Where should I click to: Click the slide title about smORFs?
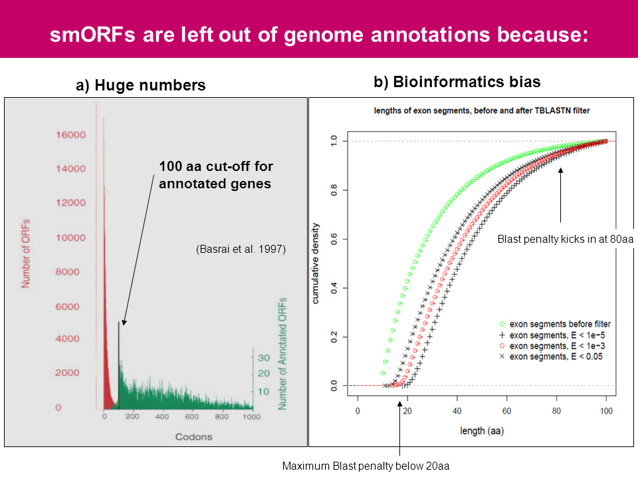pyautogui.click(x=319, y=34)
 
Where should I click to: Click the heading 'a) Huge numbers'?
pyautogui.click(x=140, y=85)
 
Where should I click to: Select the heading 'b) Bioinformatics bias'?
pyautogui.click(x=457, y=82)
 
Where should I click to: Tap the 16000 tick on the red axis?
pyautogui.click(x=70, y=134)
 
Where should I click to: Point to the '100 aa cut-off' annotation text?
pyautogui.click(x=216, y=175)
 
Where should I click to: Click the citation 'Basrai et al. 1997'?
pyautogui.click(x=241, y=249)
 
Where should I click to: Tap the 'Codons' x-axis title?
pyautogui.click(x=194, y=436)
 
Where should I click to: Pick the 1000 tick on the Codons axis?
pyautogui.click(x=252, y=417)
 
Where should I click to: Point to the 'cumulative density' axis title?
pyautogui.click(x=316, y=263)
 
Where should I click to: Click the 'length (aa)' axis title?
pyautogui.click(x=482, y=430)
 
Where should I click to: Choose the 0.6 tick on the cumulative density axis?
pyautogui.click(x=334, y=239)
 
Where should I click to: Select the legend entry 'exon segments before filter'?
pyautogui.click(x=559, y=324)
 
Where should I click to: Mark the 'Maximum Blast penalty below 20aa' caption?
pyautogui.click(x=366, y=466)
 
